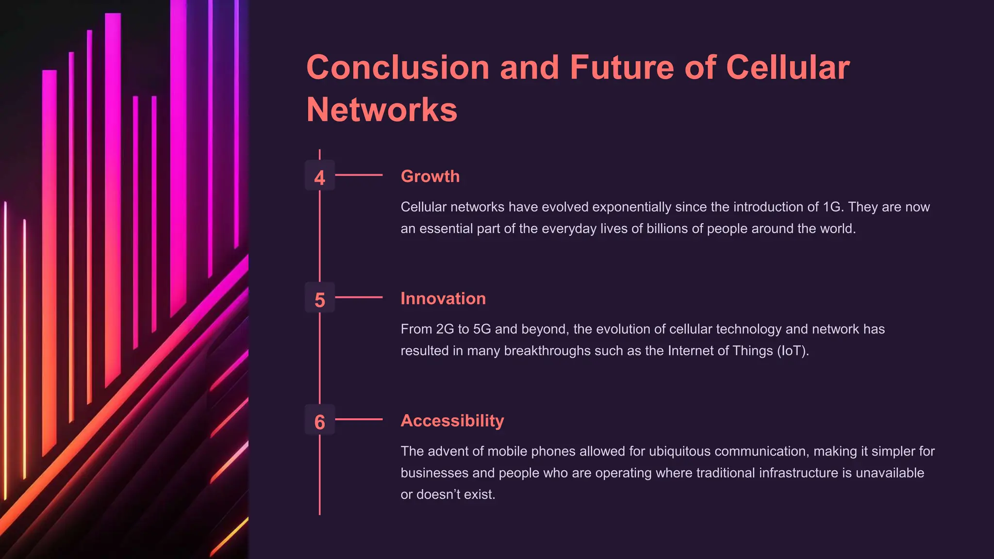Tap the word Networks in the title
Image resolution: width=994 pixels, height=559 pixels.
[382, 110]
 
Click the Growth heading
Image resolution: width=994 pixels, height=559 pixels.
[430, 176]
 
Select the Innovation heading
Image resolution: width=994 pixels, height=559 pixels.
[443, 298]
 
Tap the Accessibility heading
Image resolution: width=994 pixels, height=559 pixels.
[452, 421]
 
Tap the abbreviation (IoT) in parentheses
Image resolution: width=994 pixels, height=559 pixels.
[793, 351]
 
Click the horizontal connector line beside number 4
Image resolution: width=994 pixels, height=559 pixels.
[359, 175]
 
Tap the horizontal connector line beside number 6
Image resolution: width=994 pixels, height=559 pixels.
[359, 419]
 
